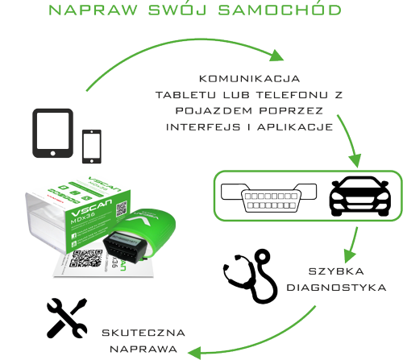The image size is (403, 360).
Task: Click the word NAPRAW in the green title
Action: pyautogui.click(x=93, y=10)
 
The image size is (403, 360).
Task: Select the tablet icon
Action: pyautogui.click(x=52, y=133)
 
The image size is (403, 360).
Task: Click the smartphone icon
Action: pyautogui.click(x=92, y=147)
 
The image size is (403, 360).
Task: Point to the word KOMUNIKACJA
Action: pyautogui.click(x=249, y=79)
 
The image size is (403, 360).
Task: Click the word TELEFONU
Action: pyautogui.click(x=292, y=95)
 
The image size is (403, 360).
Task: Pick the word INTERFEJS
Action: pyautogui.click(x=203, y=127)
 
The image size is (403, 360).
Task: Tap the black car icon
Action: pyautogui.click(x=359, y=196)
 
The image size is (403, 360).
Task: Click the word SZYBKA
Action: pyautogui.click(x=336, y=271)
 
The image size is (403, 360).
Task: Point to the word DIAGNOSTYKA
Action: pyautogui.click(x=336, y=288)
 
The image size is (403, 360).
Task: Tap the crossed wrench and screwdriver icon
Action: pyautogui.click(x=67, y=318)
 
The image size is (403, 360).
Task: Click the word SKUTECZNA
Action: pyautogui.click(x=143, y=333)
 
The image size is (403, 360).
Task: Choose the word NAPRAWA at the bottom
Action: pyautogui.click(x=143, y=350)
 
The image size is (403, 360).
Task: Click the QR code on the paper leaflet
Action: pyautogui.click(x=85, y=259)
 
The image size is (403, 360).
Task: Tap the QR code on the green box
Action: pyautogui.click(x=122, y=209)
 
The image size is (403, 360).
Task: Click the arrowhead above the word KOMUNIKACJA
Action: pyautogui.click(x=276, y=56)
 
